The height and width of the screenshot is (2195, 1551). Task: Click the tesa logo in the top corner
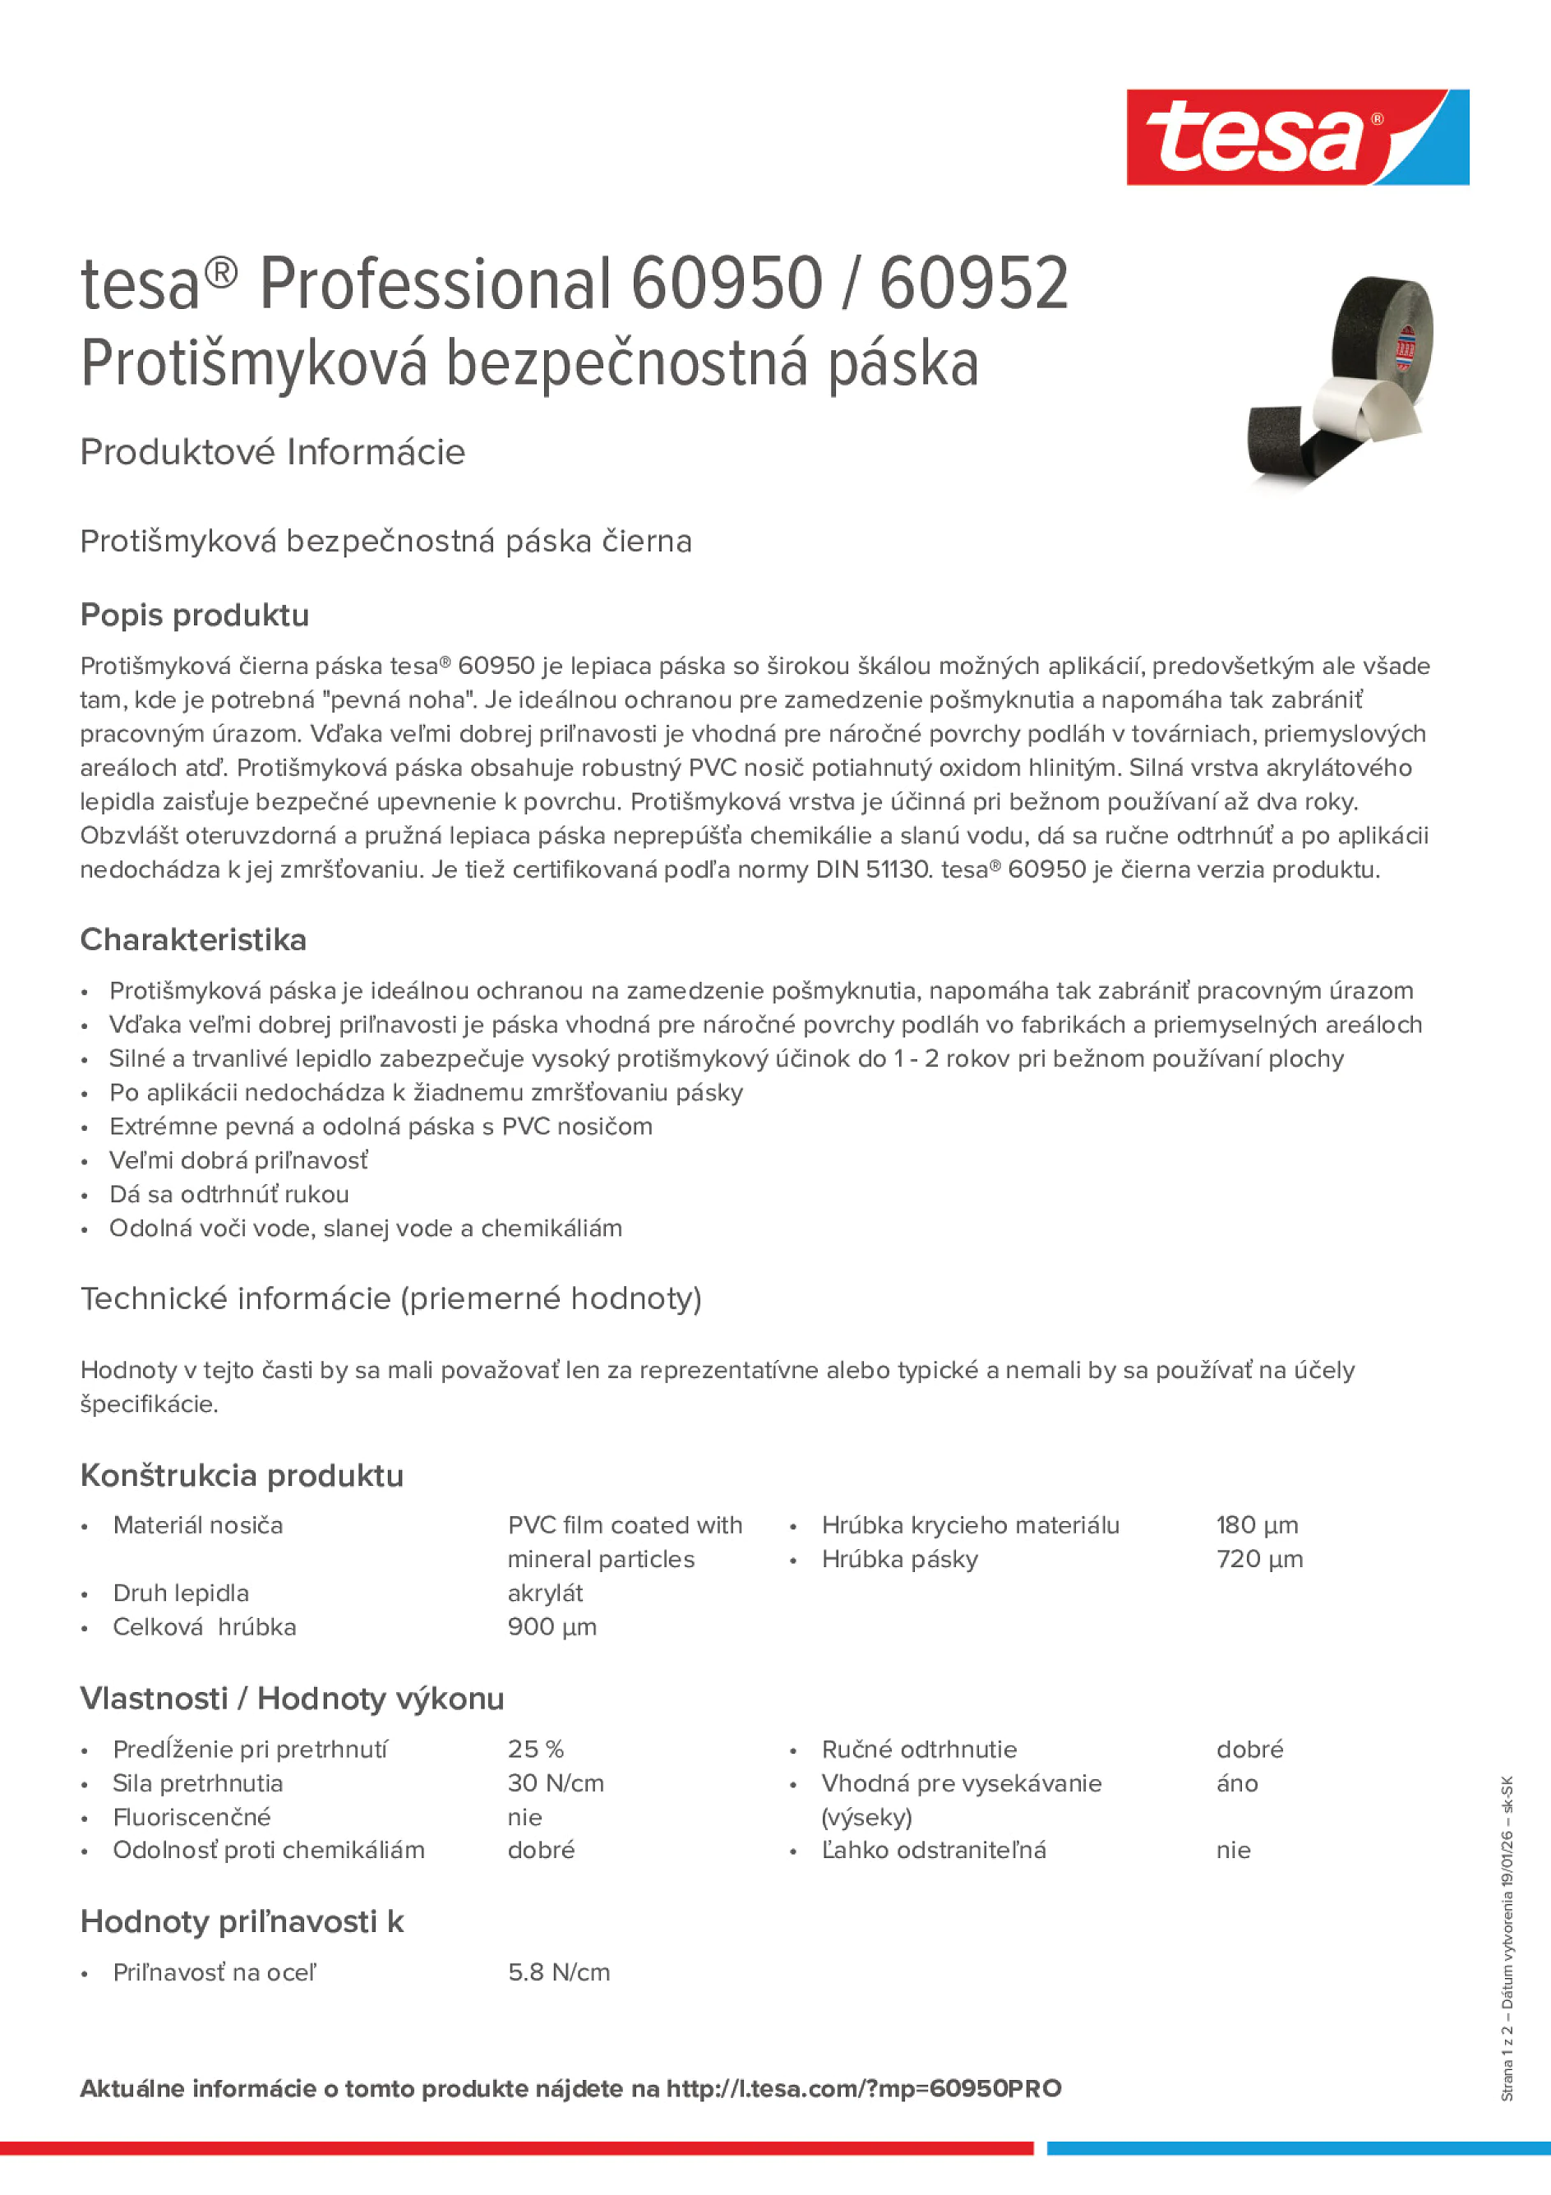(x=1297, y=136)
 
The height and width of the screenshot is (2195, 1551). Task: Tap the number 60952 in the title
(x=972, y=284)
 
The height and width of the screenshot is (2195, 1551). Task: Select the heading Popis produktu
(x=194, y=615)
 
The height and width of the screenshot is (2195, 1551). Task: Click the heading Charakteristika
(x=193, y=940)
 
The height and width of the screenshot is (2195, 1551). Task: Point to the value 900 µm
(x=552, y=1626)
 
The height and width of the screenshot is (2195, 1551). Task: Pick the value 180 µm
(x=1257, y=1525)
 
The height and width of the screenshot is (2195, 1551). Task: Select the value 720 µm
(x=1258, y=1558)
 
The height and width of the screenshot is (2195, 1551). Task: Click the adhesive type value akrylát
(x=545, y=1593)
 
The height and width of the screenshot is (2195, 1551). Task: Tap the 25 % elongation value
(x=535, y=1749)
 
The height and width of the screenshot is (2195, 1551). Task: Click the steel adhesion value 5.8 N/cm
(x=558, y=1971)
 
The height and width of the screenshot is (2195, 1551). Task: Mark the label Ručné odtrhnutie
(x=918, y=1749)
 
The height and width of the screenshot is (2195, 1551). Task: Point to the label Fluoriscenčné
(x=192, y=1816)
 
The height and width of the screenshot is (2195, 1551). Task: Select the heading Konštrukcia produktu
(x=242, y=1475)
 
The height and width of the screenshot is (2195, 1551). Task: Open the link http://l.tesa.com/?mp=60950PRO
(x=864, y=2088)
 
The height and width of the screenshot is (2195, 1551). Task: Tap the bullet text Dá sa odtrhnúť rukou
(x=228, y=1194)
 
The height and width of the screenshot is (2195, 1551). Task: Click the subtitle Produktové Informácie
(x=273, y=451)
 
